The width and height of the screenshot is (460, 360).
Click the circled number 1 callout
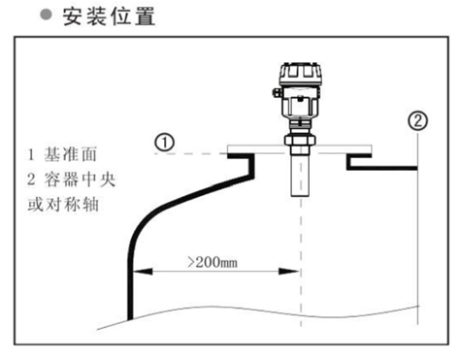(165, 142)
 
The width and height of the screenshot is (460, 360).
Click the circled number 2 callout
(417, 121)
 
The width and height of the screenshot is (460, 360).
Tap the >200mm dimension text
(214, 262)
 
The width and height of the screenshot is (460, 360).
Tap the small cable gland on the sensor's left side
(276, 94)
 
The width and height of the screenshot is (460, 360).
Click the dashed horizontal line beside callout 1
(199, 152)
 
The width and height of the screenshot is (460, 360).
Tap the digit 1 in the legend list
(32, 154)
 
